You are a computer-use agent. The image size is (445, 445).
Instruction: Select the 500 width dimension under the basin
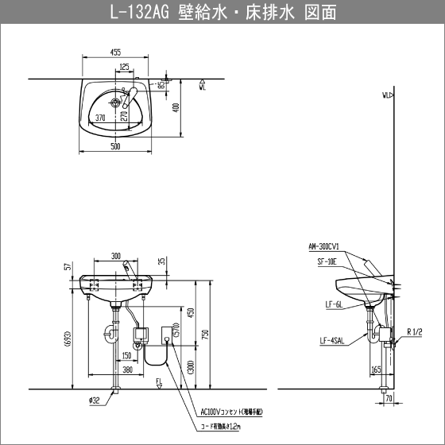[x=115, y=146]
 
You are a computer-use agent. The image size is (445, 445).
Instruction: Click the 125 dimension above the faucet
[x=125, y=67]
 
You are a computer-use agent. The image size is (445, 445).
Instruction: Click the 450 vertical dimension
[x=189, y=312]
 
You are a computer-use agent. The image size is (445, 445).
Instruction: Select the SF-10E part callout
[x=326, y=261]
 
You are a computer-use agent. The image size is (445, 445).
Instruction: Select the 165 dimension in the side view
[x=375, y=369]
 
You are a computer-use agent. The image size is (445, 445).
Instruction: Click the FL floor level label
[x=159, y=382]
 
